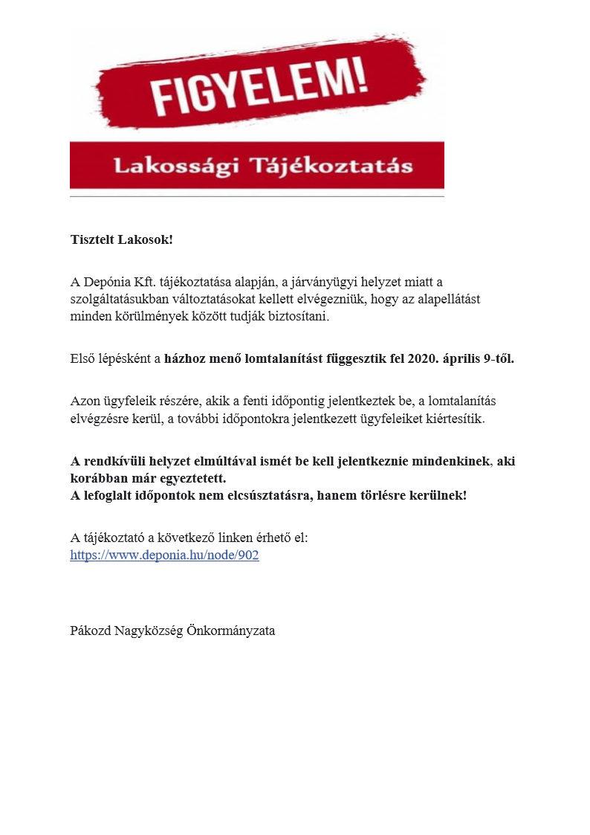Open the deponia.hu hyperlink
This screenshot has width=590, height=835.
(164, 555)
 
